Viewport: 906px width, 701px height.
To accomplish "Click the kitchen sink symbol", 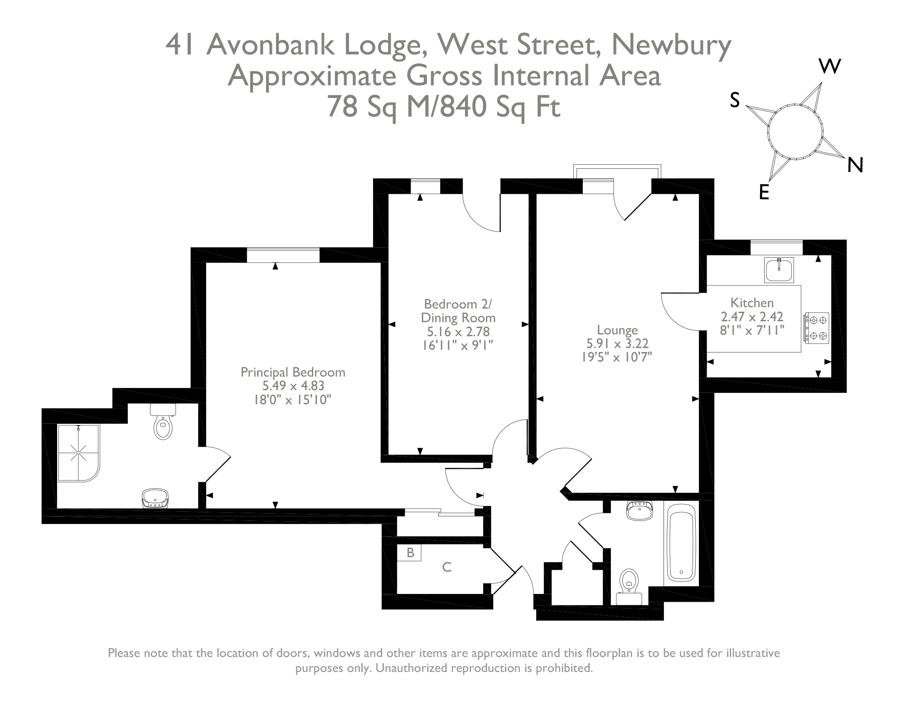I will coord(779,270).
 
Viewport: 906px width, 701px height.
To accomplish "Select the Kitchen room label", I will coord(752,303).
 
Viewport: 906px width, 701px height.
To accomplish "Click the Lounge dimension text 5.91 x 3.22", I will coord(617,343).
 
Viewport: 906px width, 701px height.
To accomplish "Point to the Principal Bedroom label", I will coord(293,373).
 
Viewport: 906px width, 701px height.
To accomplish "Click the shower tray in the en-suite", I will coord(78,453).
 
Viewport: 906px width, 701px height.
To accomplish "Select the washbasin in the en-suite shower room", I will coord(155,498).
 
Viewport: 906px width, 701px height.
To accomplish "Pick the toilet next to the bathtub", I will coord(629,583).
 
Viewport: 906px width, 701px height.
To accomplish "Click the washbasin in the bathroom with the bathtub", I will coord(640,510).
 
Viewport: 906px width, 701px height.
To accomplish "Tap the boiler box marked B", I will coord(410,552).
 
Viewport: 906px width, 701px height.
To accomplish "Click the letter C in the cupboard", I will coord(447,567).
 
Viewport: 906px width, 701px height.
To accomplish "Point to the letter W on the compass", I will coord(830,66).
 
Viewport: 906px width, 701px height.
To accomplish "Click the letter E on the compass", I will coord(764,192).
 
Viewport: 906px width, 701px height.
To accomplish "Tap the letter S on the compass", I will coord(735,99).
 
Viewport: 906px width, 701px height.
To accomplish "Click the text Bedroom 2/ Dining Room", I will coord(458,310).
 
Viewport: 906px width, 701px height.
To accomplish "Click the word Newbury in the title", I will coord(671,45).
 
